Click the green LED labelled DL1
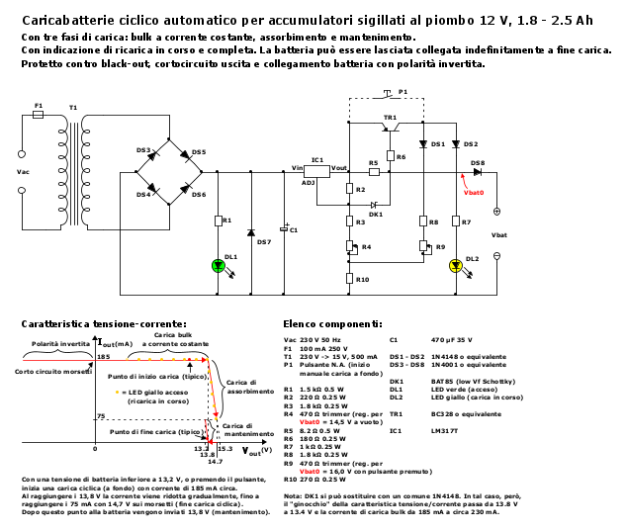219,265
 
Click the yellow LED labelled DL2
456,265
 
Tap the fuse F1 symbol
40,114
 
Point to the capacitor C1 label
294,229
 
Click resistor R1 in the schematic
219,220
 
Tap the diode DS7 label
263,241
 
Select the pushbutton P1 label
403,90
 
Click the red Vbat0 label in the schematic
474,191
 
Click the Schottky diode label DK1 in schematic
376,214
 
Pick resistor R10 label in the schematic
363,280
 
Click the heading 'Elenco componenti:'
332,323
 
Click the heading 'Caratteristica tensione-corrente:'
104,323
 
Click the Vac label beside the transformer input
24,171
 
